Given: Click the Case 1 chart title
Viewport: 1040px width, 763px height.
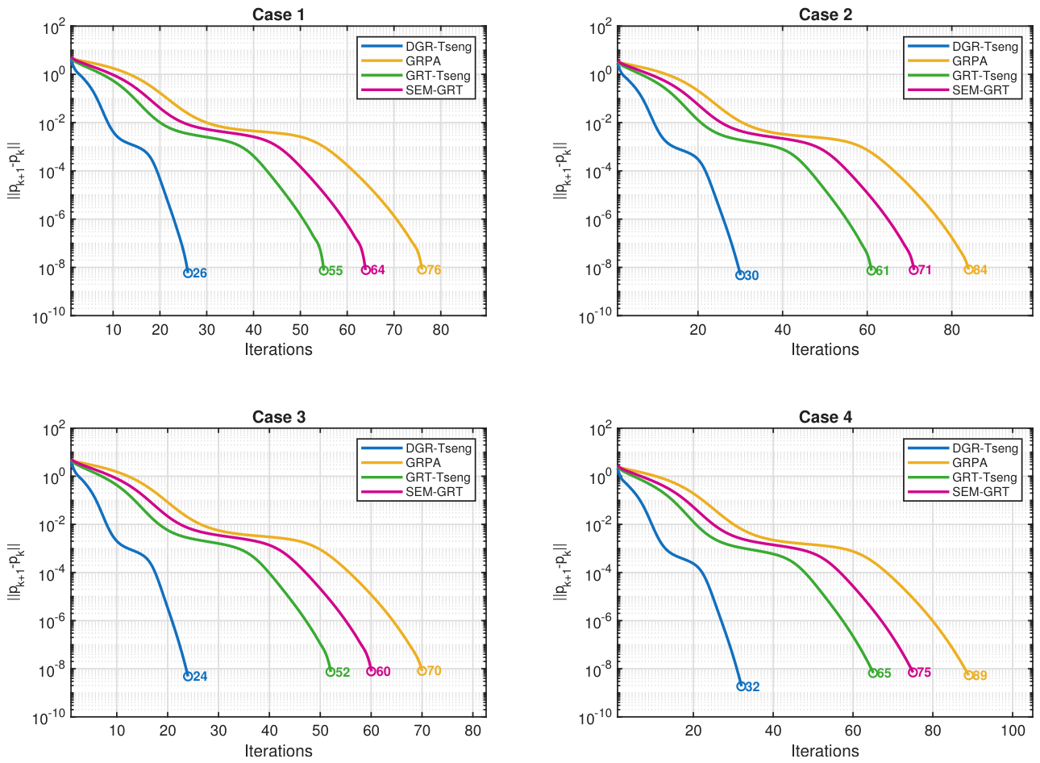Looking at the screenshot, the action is [278, 15].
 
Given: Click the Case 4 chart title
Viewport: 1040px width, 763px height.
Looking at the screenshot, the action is [825, 416].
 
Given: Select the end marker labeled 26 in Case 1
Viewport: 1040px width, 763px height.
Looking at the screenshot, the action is [188, 273].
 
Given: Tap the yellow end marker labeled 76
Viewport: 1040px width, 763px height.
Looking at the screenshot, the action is [422, 269].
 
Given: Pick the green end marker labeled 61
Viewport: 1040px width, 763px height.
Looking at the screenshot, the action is [871, 270].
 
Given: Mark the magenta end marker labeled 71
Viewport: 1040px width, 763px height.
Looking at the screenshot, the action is [913, 270].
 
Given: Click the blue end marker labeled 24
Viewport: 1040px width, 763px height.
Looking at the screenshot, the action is [188, 676].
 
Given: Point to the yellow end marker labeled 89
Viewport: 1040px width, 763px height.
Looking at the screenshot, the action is [968, 675].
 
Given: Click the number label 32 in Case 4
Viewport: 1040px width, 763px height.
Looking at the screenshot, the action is [753, 686].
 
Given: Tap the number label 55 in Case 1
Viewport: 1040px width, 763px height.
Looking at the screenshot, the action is [335, 271].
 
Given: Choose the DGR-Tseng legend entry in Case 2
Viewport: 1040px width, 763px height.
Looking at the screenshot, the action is [963, 47].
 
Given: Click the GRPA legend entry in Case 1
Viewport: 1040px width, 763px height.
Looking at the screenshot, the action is [401, 60].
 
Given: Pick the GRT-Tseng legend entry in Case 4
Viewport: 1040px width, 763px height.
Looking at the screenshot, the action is [962, 477].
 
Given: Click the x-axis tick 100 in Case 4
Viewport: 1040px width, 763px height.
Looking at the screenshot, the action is [1013, 731].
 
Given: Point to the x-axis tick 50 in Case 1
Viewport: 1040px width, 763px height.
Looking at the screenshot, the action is [301, 330].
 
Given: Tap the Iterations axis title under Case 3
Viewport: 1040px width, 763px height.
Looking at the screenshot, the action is [279, 751].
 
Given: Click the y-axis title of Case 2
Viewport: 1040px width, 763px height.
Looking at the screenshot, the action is [562, 170].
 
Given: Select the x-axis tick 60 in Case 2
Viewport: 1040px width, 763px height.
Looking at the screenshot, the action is [867, 330].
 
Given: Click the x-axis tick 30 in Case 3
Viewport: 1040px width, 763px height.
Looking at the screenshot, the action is [218, 731].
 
